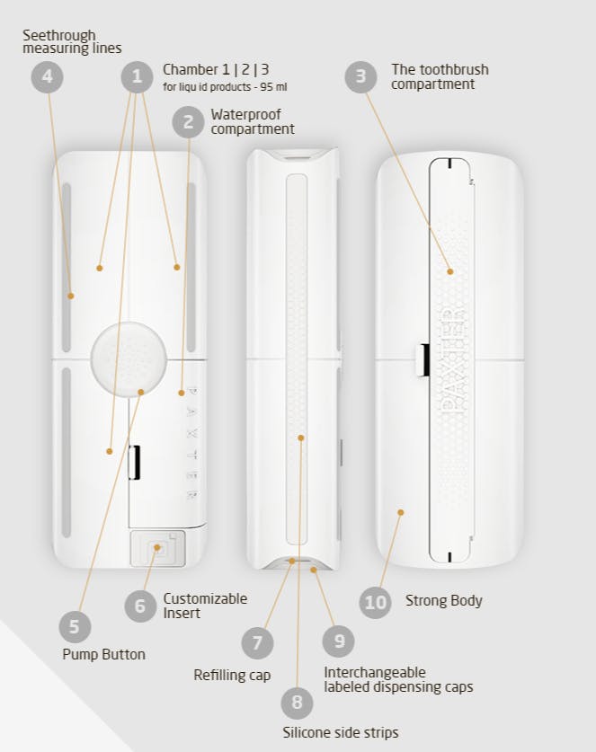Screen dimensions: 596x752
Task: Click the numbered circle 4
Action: click(47, 76)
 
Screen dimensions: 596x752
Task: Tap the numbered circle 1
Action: click(137, 76)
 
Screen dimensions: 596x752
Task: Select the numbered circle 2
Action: click(188, 122)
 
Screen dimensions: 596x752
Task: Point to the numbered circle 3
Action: click(360, 76)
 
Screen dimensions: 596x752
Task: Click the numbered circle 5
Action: click(75, 627)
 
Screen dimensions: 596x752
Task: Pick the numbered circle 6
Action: click(140, 606)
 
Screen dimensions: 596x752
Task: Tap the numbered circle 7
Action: click(258, 642)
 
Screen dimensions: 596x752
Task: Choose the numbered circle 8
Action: click(297, 703)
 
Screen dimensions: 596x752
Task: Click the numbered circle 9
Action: click(339, 641)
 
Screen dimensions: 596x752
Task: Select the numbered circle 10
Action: click(375, 602)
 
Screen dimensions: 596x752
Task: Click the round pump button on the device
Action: click(129, 359)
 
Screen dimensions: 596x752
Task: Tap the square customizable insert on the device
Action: click(157, 548)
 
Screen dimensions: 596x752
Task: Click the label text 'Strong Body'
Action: click(444, 600)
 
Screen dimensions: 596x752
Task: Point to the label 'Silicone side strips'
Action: click(341, 733)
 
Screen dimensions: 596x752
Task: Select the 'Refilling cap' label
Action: click(232, 676)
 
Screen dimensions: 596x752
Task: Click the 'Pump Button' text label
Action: click(103, 655)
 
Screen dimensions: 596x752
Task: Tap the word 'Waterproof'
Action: click(246, 115)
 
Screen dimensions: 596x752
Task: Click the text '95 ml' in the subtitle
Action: click(273, 87)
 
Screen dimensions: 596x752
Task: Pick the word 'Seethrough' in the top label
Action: click(59, 36)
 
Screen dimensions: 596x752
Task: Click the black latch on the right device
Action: click(423, 359)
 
